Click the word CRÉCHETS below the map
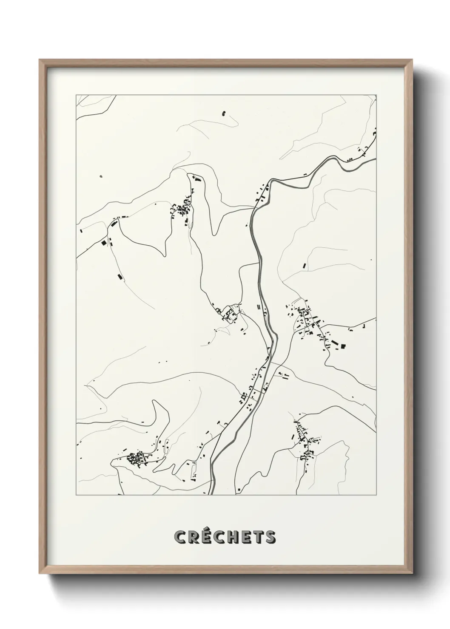(225, 537)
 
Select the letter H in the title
(236, 537)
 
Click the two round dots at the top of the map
(224, 113)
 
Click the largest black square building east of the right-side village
(343, 346)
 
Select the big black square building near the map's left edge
(103, 243)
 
